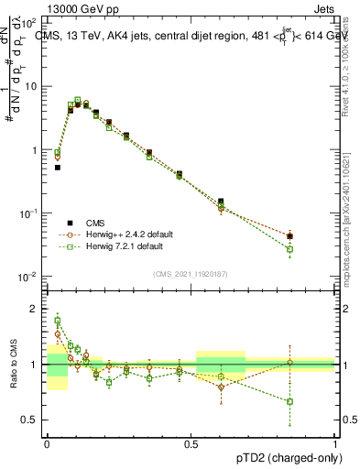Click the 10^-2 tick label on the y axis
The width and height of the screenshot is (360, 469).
pyautogui.click(x=29, y=277)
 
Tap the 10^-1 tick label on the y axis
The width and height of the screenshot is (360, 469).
pyautogui.click(x=29, y=213)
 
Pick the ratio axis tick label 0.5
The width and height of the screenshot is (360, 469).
pyautogui.click(x=31, y=420)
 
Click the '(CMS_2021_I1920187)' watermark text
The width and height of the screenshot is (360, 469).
pyautogui.click(x=190, y=273)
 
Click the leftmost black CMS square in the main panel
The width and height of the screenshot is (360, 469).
pyautogui.click(x=58, y=168)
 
